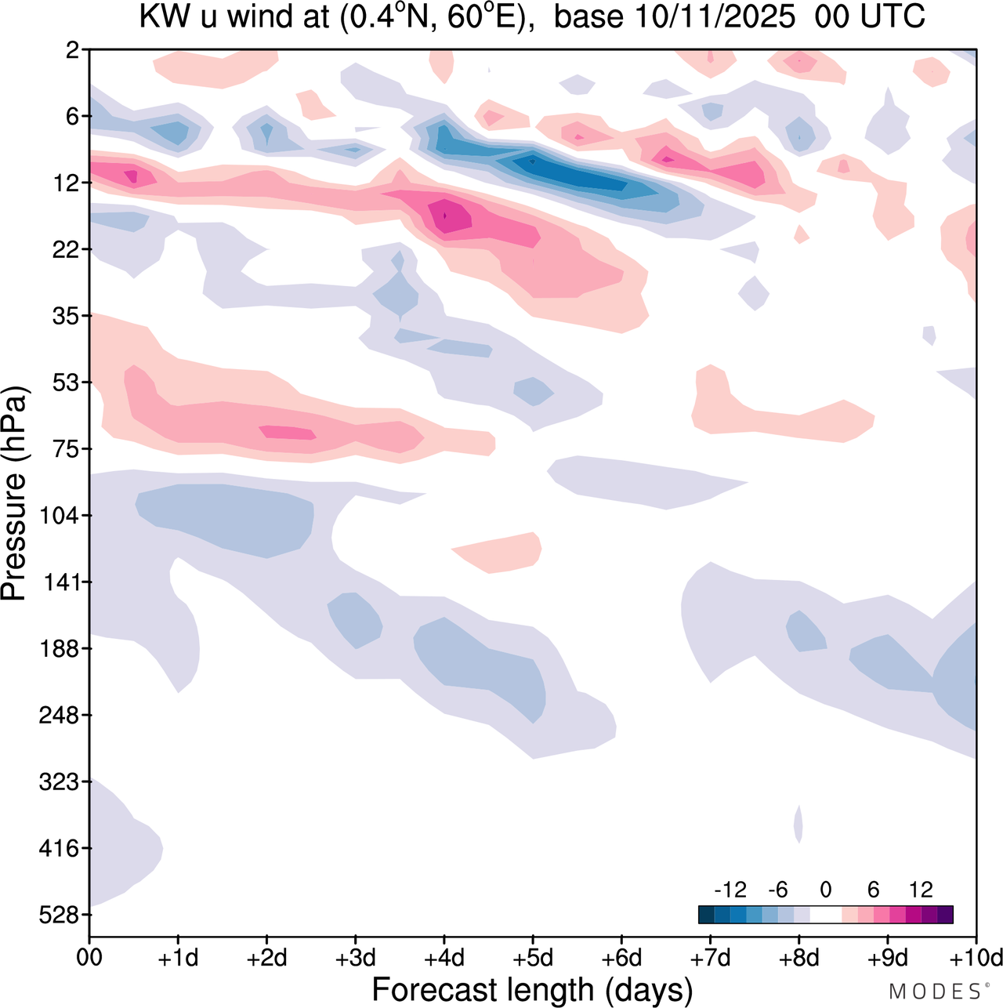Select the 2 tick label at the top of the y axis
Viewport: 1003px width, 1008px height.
73,50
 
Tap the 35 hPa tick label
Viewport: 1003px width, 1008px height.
67,316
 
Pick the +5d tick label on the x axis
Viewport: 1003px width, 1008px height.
533,958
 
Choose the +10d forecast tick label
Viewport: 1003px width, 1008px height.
975,958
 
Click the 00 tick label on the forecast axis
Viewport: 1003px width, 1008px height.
89,958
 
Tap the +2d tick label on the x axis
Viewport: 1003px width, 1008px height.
266,958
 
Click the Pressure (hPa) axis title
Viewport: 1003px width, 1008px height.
14,494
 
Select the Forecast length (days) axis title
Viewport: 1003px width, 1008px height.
532,990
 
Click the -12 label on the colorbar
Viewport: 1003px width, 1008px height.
730,890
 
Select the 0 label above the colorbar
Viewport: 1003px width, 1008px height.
826,890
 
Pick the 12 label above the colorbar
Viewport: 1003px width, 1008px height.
922,890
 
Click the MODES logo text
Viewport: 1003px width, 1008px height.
936,992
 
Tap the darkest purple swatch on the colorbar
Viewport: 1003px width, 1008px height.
945,915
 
